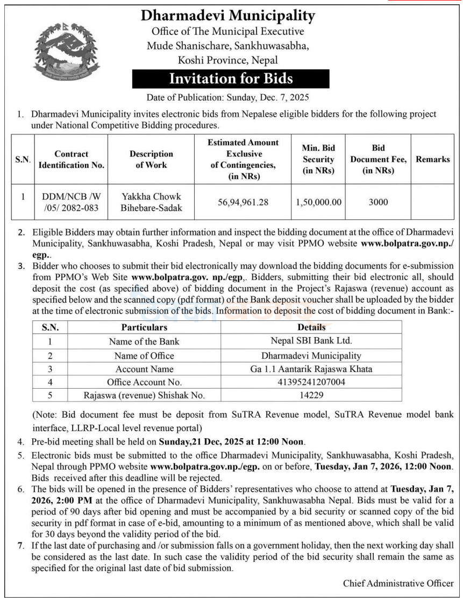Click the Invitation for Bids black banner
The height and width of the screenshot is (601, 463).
231,79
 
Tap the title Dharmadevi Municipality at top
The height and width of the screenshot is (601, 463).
227,16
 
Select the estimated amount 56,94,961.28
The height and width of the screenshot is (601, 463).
244,202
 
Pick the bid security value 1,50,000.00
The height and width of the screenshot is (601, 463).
318,202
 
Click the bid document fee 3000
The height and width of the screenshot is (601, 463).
378,202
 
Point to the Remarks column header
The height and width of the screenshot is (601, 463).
432,159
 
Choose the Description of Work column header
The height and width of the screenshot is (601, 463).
151,159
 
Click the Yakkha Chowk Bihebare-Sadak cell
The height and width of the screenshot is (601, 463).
151,202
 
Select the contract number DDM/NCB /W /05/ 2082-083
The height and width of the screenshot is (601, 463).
72,202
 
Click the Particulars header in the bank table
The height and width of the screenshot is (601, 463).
144,327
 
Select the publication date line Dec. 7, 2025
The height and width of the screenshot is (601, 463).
228,98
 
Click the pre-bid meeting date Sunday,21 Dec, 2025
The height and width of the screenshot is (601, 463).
203,442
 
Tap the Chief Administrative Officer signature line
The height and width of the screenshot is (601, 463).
398,583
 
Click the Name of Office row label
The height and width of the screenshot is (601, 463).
144,355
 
